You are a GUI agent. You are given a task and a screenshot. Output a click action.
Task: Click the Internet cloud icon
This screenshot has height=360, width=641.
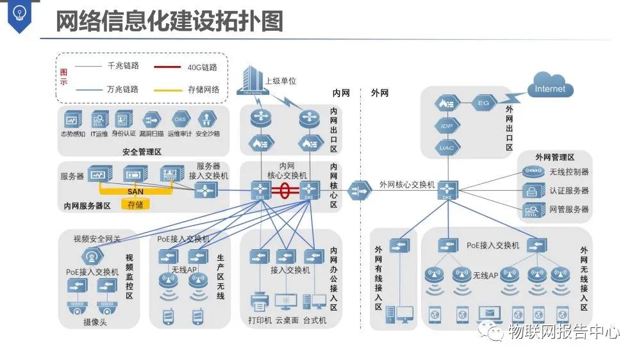click(550, 89)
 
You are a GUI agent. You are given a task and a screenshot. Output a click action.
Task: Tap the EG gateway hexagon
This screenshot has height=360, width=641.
click(483, 102)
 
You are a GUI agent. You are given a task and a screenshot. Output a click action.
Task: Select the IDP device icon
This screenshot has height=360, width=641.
click(447, 126)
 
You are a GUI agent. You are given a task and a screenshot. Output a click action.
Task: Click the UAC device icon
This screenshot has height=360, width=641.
click(447, 148)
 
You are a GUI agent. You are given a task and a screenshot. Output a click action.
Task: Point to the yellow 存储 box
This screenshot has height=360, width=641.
click(135, 204)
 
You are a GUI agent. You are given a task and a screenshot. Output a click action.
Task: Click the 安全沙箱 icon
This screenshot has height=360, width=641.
click(207, 119)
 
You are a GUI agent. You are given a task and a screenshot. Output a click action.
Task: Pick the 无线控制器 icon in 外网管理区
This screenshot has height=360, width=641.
click(532, 172)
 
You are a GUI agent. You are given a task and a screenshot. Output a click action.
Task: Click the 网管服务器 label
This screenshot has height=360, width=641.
click(569, 209)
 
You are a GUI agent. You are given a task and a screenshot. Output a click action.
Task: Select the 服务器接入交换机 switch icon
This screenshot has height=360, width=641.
click(205, 190)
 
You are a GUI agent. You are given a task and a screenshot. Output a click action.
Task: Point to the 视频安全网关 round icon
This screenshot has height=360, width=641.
click(93, 257)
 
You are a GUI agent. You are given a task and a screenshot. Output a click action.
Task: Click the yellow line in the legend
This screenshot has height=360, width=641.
click(167, 90)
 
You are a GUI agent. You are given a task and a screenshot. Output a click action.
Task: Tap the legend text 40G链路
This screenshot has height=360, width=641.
click(203, 67)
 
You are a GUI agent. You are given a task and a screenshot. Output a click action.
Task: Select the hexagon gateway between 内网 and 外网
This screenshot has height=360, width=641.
click(359, 190)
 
